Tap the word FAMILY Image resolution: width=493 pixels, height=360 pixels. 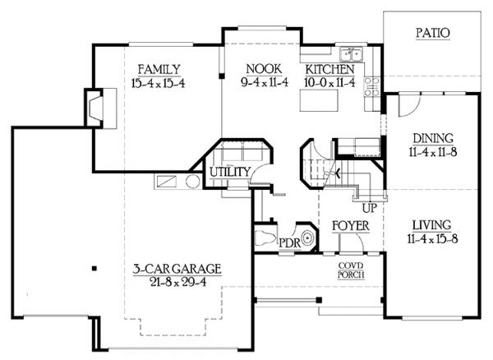pyautogui.click(x=159, y=68)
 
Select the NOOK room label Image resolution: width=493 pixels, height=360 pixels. pyautogui.click(x=249, y=68)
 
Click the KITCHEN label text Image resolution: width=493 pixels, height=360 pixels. pyautogui.click(x=329, y=69)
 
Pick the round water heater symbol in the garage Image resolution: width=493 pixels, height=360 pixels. pyautogui.click(x=191, y=182)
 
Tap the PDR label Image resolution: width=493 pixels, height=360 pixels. pyautogui.click(x=288, y=244)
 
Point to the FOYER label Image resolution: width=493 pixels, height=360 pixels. pyautogui.click(x=349, y=225)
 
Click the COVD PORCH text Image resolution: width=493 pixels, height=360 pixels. pyautogui.click(x=351, y=271)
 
